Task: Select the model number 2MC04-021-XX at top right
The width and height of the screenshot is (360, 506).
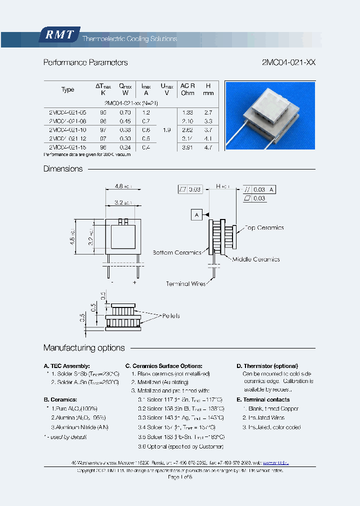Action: [x=288, y=62]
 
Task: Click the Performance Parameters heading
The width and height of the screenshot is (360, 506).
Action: [x=85, y=62]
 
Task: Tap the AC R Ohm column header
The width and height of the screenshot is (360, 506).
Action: [x=187, y=89]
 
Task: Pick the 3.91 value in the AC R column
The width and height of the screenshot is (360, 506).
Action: [x=187, y=147]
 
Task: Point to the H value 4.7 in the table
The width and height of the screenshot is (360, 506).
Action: [x=208, y=147]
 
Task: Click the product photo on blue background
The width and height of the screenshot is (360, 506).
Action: [x=270, y=115]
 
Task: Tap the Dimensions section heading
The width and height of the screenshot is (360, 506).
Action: [x=63, y=169]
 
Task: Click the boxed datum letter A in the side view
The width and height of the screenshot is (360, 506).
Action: [x=196, y=214]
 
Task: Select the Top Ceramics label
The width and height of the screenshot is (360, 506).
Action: [x=263, y=227]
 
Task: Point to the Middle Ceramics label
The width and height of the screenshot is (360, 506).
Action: [x=255, y=259]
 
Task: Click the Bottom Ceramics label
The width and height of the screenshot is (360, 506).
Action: [x=177, y=252]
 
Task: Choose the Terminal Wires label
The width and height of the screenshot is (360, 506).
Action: [x=185, y=283]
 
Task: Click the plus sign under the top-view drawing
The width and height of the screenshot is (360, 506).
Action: [x=134, y=282]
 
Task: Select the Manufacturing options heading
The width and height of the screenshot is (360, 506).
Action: [x=84, y=348]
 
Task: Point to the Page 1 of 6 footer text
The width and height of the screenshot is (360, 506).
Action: [x=180, y=477]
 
